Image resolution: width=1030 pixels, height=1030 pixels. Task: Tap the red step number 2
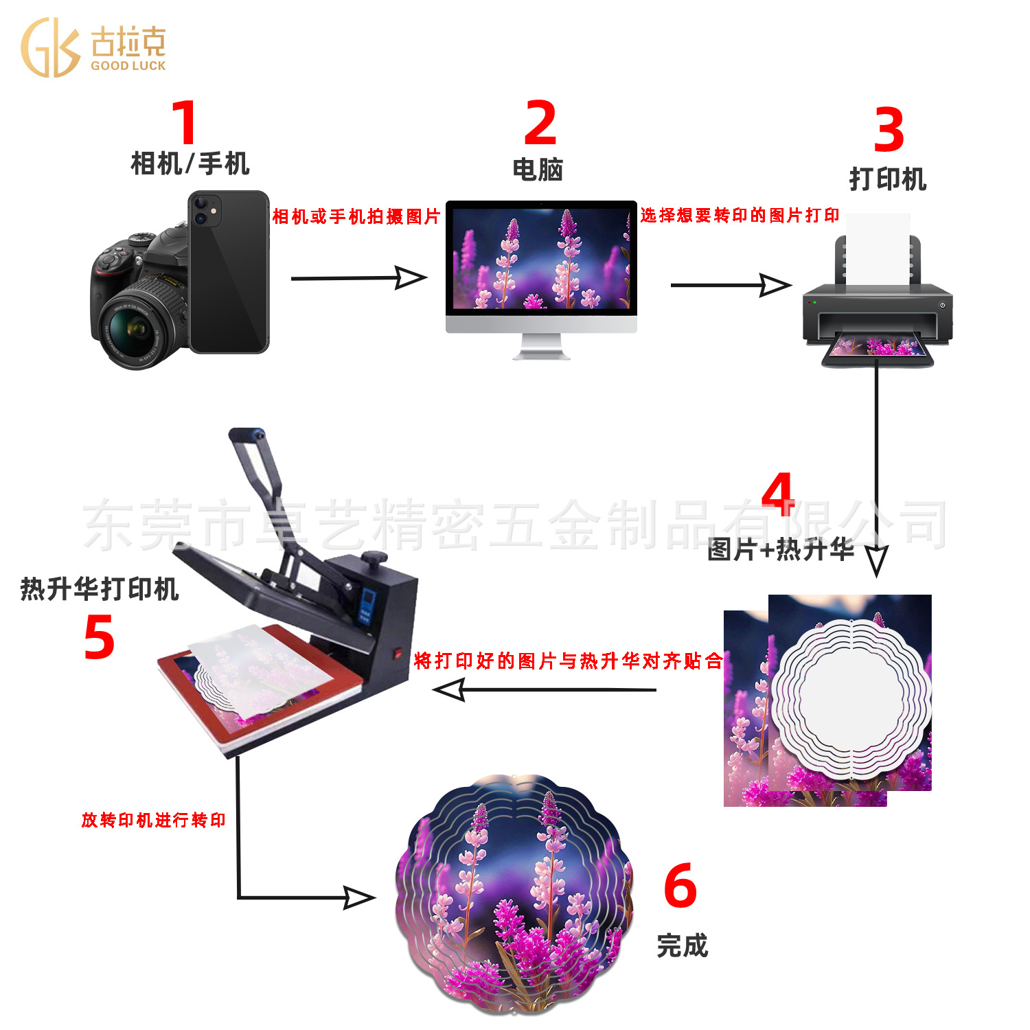540,123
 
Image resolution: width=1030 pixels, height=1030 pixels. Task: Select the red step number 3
889,130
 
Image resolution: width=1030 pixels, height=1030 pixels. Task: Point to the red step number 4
779,494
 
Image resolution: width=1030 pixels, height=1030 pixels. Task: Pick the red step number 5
99,637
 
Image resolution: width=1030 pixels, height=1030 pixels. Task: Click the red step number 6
680,886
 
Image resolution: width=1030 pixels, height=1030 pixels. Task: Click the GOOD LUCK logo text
128,66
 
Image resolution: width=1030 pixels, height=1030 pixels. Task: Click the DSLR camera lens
137,330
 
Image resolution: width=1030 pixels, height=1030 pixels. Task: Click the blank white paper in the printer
878,247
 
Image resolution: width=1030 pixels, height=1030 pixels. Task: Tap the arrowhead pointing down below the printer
876,560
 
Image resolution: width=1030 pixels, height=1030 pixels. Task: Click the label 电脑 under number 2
538,170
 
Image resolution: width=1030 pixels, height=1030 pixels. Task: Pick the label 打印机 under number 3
888,179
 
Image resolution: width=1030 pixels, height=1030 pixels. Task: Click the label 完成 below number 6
682,946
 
